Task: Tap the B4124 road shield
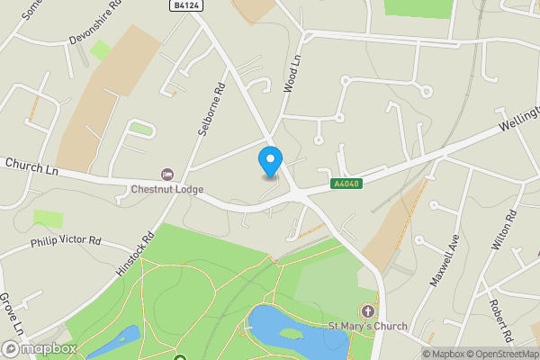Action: click(x=185, y=5)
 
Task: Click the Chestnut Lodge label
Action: click(x=167, y=189)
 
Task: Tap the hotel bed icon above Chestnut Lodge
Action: click(x=166, y=173)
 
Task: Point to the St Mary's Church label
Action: click(x=367, y=326)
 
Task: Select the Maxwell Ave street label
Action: click(x=444, y=262)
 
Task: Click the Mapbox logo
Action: click(x=40, y=348)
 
